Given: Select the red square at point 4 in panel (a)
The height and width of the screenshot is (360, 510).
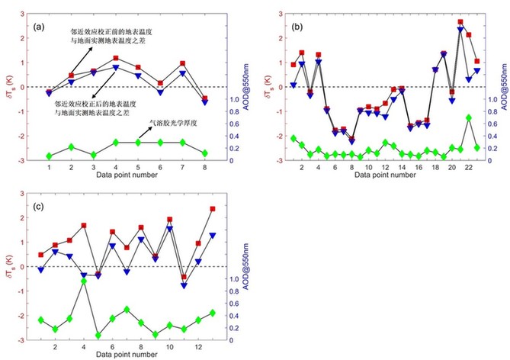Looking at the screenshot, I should coord(115,58).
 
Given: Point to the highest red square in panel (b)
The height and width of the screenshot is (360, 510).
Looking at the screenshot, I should coord(460,22).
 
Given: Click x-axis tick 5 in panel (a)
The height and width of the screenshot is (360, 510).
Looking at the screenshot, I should coord(138,166).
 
